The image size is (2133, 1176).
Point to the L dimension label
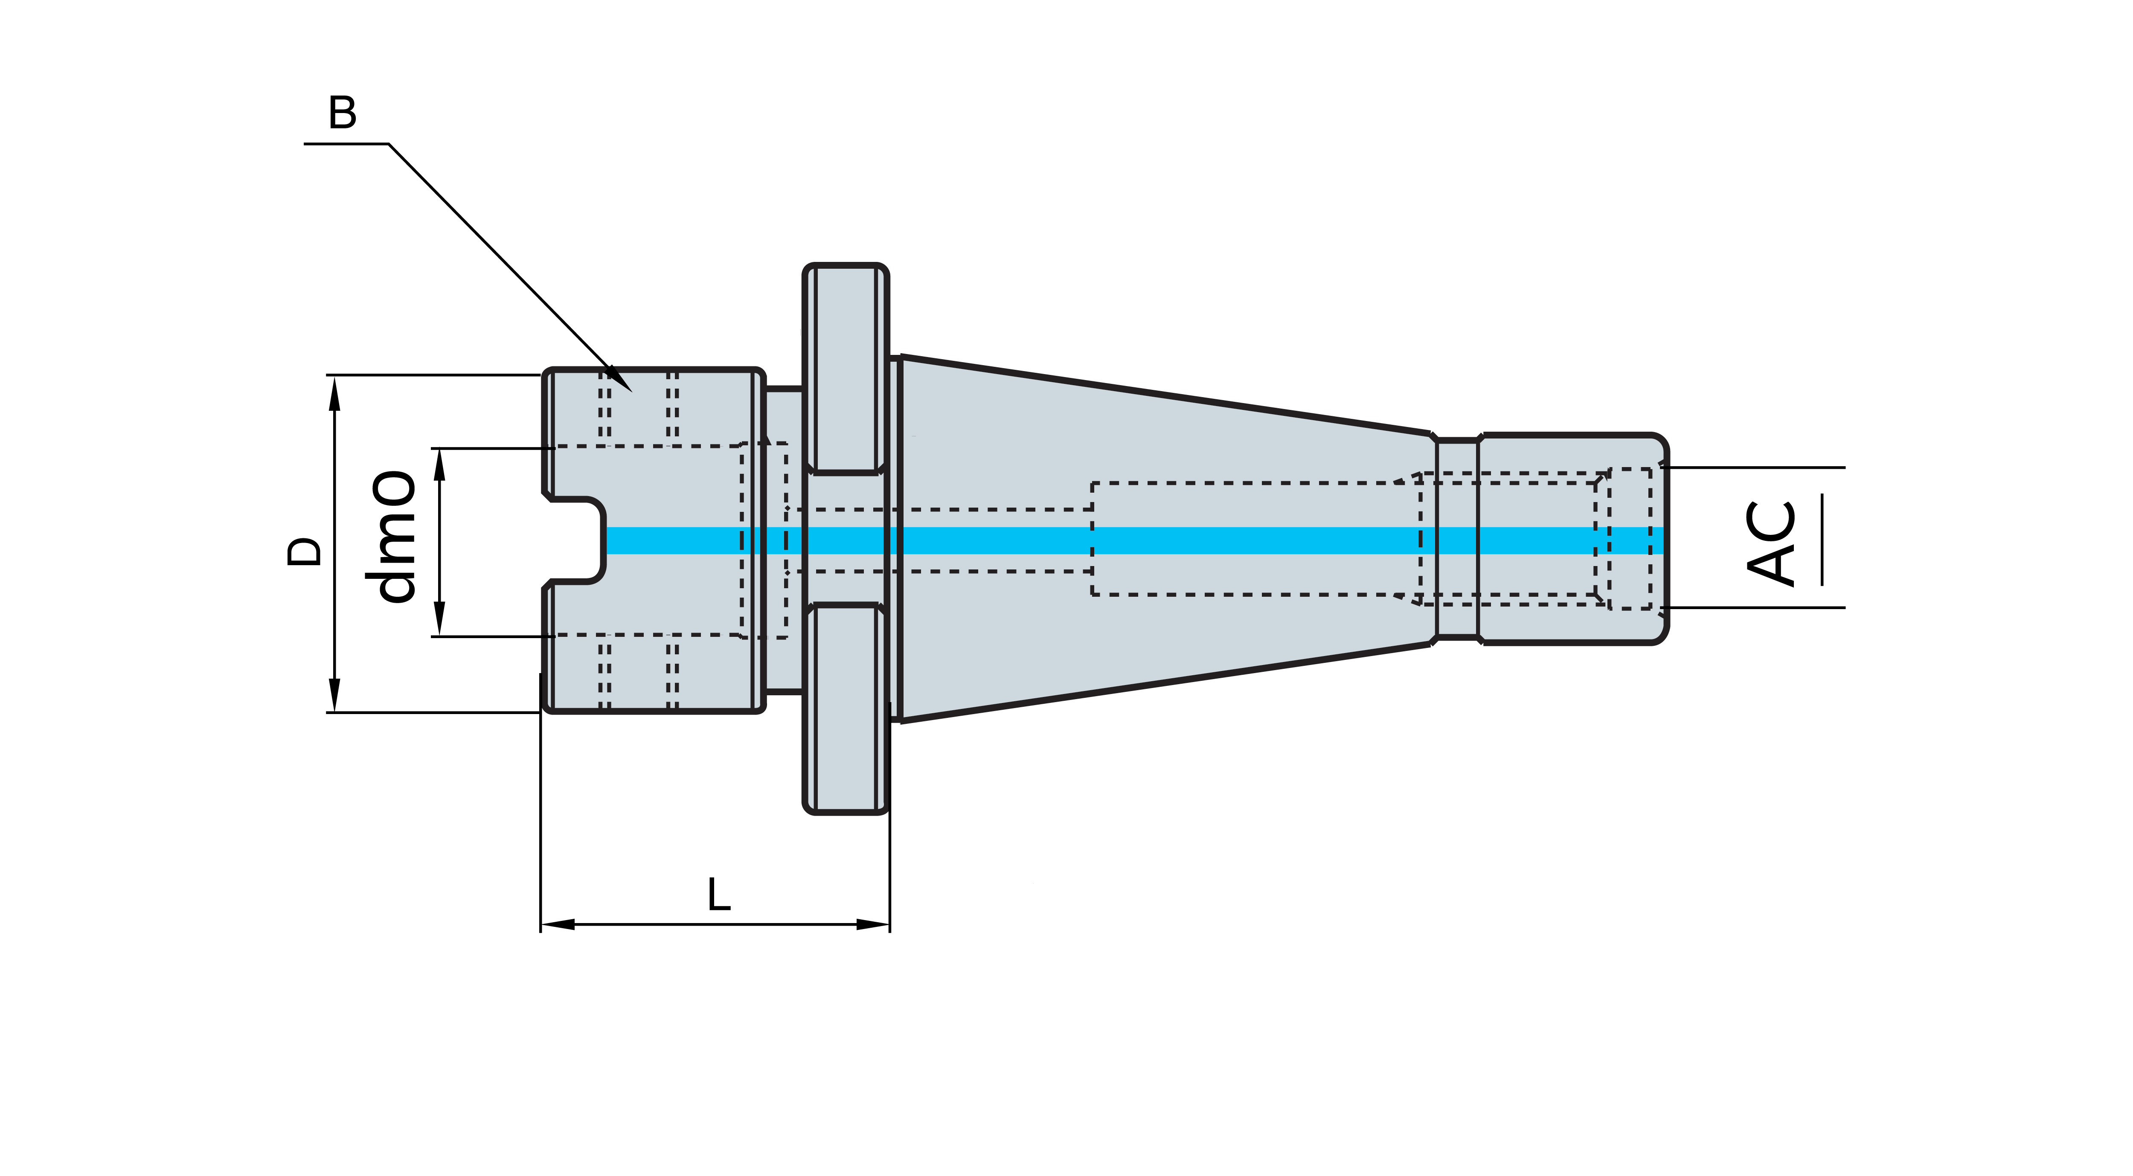(x=719, y=895)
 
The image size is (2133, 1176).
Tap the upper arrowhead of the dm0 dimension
(x=440, y=456)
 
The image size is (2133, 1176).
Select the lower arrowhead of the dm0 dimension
(x=440, y=630)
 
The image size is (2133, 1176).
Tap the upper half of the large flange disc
(x=845, y=369)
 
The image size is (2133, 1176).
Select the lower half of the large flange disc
(x=845, y=708)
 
